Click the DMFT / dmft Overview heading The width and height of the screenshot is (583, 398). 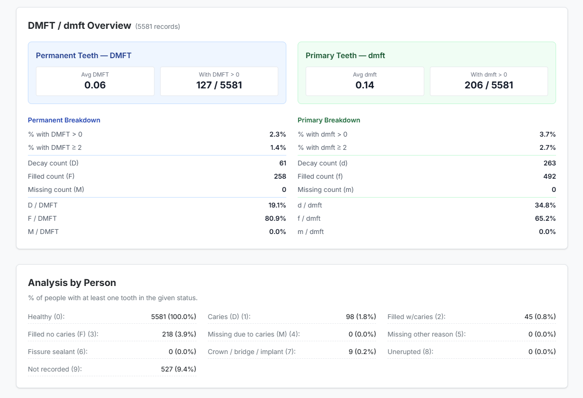pyautogui.click(x=79, y=26)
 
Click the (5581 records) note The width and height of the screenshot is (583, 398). pyautogui.click(x=157, y=26)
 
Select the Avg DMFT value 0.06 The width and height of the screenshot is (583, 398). pyautogui.click(x=95, y=85)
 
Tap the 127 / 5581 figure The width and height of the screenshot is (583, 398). pyautogui.click(x=219, y=85)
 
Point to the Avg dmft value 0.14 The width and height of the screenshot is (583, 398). pyautogui.click(x=365, y=85)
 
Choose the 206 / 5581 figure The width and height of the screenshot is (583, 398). pyautogui.click(x=489, y=85)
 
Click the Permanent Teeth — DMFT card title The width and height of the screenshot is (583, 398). pyautogui.click(x=84, y=55)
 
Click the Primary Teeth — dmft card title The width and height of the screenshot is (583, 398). pyautogui.click(x=345, y=55)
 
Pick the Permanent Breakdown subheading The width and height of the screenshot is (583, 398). pyautogui.click(x=64, y=120)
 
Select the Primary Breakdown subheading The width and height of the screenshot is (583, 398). pyautogui.click(x=329, y=120)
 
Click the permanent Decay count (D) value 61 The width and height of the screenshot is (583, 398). pyautogui.click(x=283, y=163)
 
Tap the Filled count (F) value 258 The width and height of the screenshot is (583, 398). pyautogui.click(x=280, y=176)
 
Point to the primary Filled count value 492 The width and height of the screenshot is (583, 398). pyautogui.click(x=549, y=176)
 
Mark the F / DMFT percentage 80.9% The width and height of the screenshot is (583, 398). pyautogui.click(x=275, y=218)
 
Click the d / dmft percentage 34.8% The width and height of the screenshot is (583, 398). pyautogui.click(x=545, y=205)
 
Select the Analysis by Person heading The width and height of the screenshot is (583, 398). pyautogui.click(x=72, y=283)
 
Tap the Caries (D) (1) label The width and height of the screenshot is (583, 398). pyautogui.click(x=229, y=317)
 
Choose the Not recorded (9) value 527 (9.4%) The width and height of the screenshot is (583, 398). pyautogui.click(x=178, y=369)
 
